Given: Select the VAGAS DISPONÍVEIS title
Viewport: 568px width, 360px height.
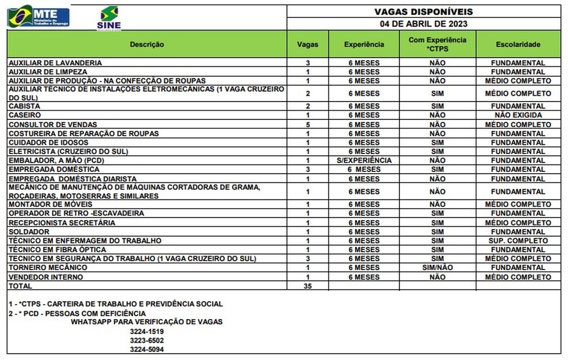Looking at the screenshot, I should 424,12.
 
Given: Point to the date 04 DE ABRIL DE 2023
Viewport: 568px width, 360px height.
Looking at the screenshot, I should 424,24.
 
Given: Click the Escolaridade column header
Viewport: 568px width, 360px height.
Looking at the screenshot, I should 518,44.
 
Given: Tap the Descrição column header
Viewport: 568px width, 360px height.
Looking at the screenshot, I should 147,44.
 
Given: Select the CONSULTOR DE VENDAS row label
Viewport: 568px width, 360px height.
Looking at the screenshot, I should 53,125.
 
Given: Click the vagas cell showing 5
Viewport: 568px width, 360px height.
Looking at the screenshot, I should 308,125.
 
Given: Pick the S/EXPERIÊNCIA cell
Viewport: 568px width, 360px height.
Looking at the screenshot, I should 364,160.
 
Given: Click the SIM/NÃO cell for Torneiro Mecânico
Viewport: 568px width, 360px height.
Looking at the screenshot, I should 438,268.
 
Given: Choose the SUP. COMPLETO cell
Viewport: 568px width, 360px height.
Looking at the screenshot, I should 518,241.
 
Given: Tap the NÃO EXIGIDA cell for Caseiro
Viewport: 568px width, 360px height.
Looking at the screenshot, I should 518,115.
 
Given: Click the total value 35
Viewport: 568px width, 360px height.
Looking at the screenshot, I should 308,286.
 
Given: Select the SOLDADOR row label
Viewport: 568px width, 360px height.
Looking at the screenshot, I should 29,232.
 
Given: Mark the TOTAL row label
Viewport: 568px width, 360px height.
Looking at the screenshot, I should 21,286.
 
